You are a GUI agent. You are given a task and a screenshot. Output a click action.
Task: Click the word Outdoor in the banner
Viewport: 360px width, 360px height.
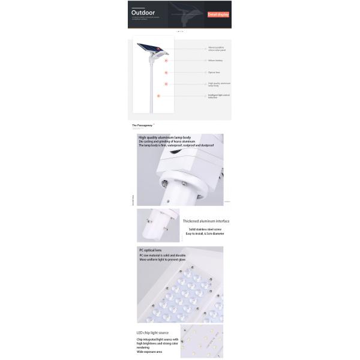(x=143, y=13)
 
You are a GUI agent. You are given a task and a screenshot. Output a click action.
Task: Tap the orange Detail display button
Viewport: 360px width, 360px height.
(x=218, y=14)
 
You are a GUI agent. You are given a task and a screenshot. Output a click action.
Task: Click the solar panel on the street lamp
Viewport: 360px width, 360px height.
(x=148, y=49)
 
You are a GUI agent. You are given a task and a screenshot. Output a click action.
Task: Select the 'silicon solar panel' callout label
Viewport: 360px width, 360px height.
(x=217, y=49)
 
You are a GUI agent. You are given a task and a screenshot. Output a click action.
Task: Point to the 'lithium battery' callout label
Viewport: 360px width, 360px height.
(x=215, y=61)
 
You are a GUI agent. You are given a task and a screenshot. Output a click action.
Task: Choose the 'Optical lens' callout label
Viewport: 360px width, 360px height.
(x=214, y=73)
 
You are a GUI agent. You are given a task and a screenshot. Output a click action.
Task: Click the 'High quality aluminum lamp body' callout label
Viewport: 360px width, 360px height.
(x=219, y=85)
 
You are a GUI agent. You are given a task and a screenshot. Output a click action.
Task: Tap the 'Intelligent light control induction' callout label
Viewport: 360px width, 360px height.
(x=218, y=96)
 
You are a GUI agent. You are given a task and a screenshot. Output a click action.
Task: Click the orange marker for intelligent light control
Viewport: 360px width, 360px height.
(x=159, y=95)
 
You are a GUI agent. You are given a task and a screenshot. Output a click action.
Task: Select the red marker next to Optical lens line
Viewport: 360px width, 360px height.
(x=166, y=73)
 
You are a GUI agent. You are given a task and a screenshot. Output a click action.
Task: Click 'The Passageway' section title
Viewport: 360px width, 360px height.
(x=142, y=125)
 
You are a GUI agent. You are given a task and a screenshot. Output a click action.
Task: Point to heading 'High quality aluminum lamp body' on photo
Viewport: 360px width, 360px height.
(x=164, y=137)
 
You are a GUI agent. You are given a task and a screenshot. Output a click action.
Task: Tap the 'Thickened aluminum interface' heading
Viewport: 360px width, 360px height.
(x=206, y=221)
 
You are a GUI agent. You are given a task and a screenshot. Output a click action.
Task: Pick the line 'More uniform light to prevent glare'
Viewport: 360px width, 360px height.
(x=162, y=260)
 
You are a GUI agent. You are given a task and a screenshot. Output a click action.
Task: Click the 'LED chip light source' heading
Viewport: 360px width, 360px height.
(x=152, y=332)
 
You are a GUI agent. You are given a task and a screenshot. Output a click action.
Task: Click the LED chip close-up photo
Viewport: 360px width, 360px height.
(x=202, y=341)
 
